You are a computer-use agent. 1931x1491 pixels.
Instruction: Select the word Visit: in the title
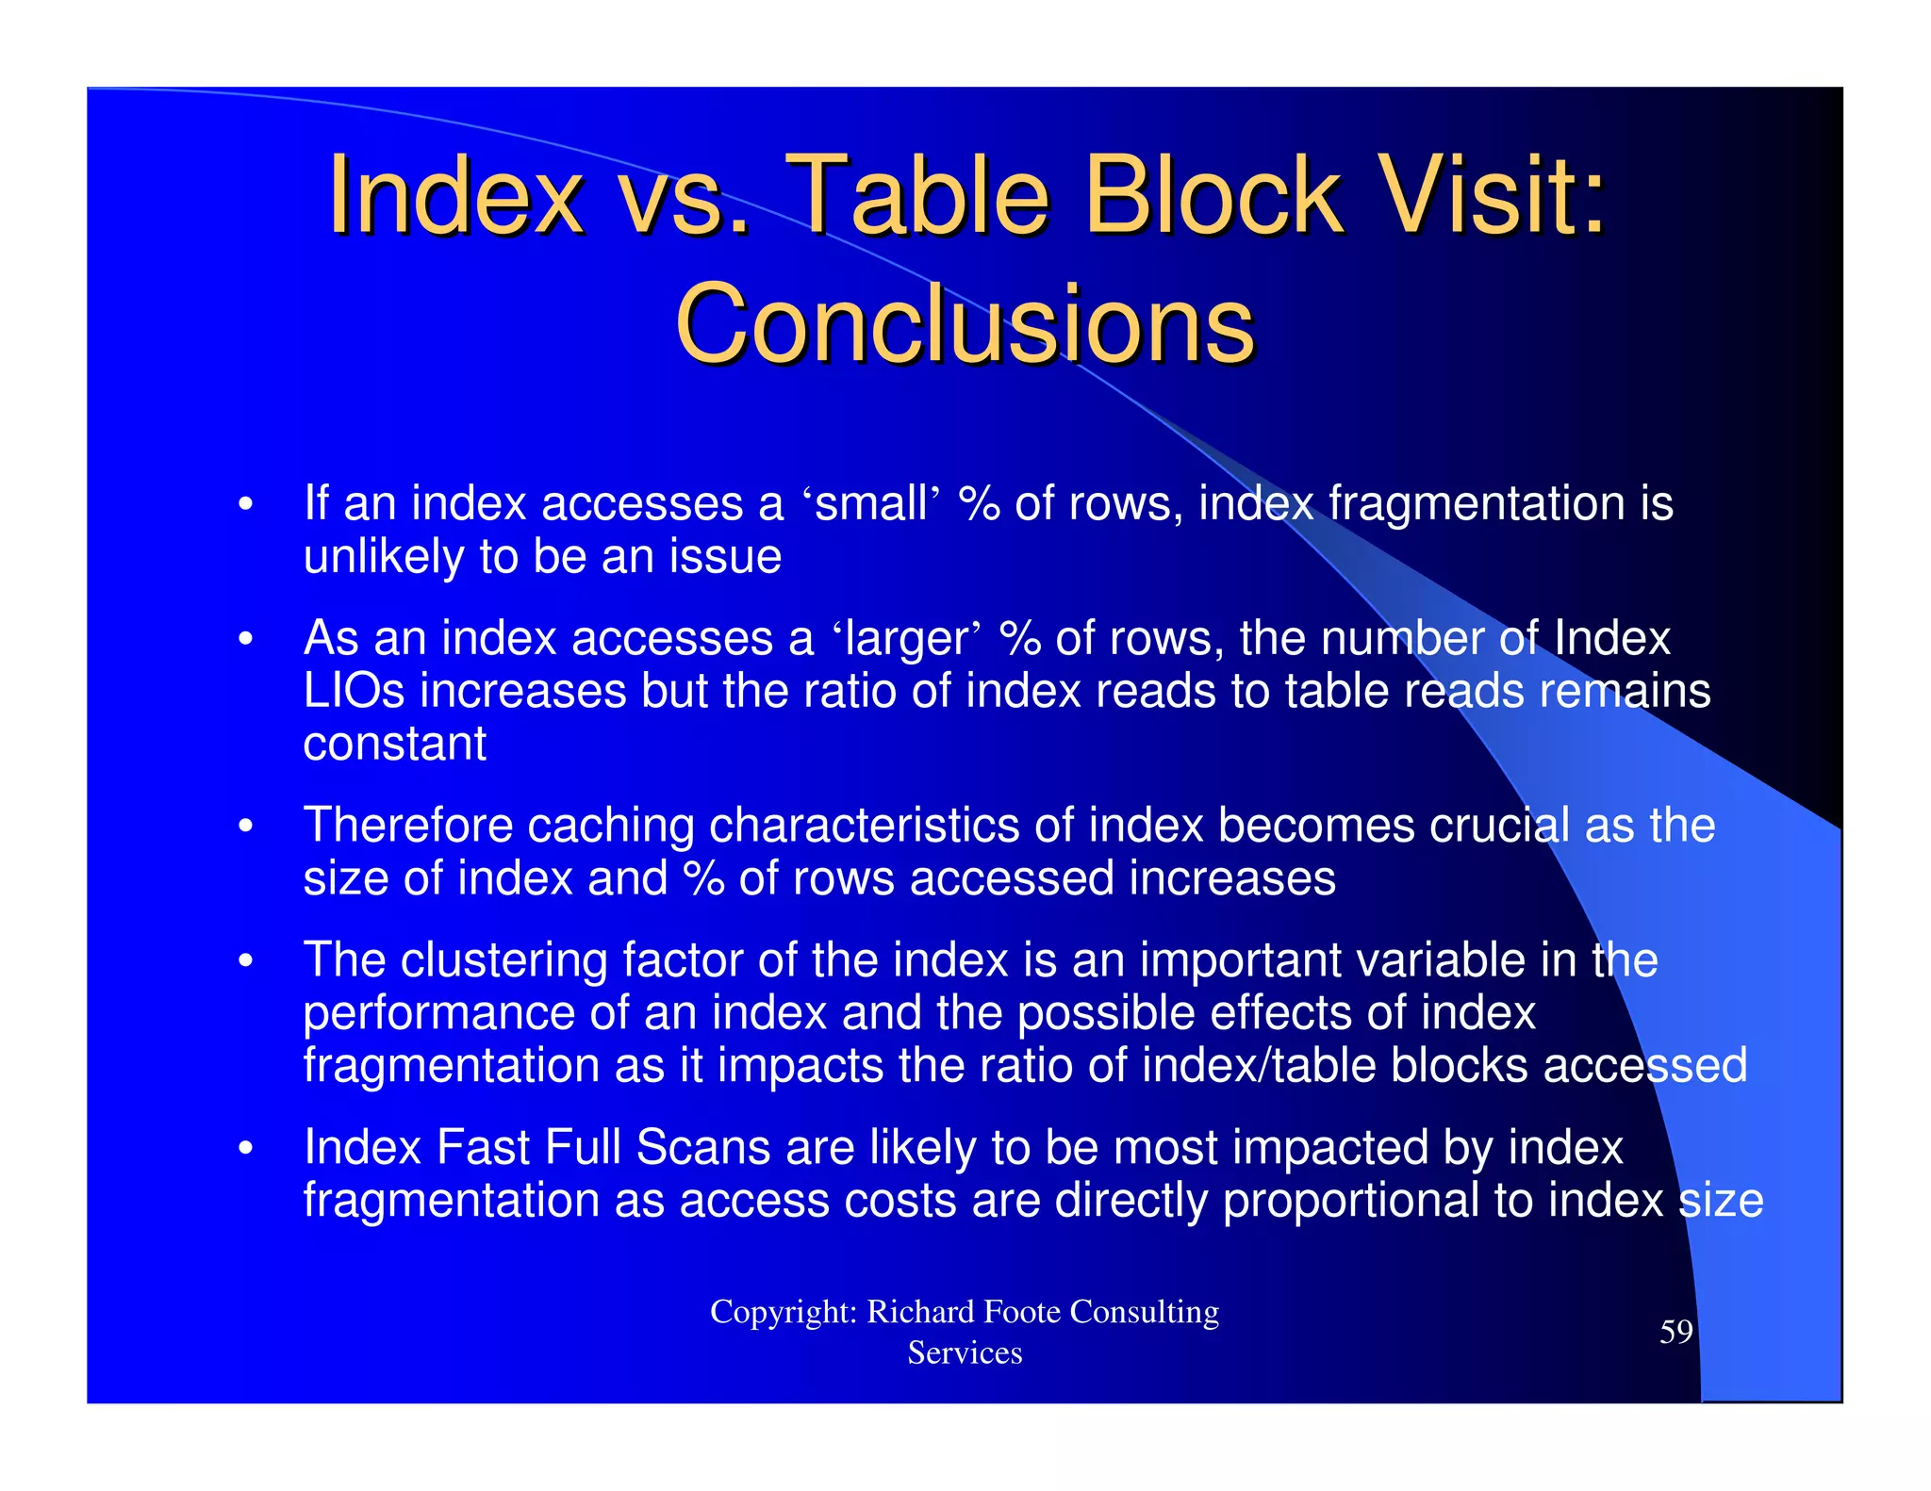pyautogui.click(x=1490, y=195)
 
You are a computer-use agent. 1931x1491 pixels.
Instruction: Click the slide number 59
pyautogui.click(x=1675, y=1332)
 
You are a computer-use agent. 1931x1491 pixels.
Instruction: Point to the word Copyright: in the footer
pyautogui.click(x=783, y=1312)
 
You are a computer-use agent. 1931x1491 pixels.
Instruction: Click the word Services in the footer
pyautogui.click(x=965, y=1353)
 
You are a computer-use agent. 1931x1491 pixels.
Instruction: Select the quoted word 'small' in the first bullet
pyautogui.click(x=871, y=503)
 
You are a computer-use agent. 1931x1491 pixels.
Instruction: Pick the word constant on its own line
pyautogui.click(x=394, y=744)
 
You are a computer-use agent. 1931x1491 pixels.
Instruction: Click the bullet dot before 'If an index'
pyautogui.click(x=245, y=504)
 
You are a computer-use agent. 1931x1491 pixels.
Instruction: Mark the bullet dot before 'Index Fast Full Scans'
pyautogui.click(x=245, y=1149)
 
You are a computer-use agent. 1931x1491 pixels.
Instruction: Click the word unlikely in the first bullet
pyautogui.click(x=383, y=557)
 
